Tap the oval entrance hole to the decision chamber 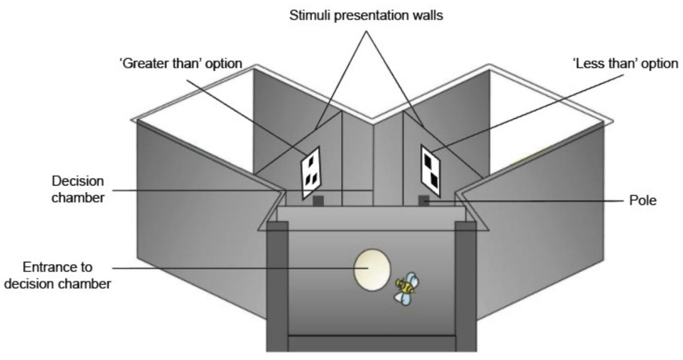click(372, 270)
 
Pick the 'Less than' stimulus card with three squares click(430, 169)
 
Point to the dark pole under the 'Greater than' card click(318, 201)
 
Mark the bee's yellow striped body click(405, 285)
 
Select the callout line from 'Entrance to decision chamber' click(237, 269)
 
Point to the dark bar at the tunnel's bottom click(372, 343)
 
